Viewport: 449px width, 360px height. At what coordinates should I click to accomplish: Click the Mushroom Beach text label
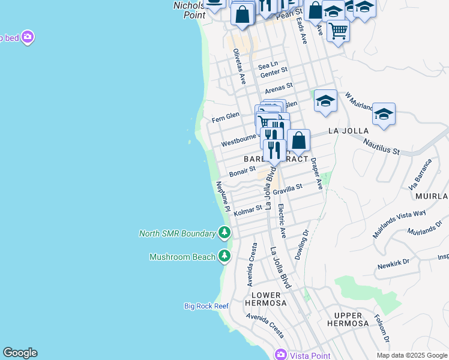pos(182,257)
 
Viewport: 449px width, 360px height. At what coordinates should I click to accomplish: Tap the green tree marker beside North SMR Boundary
pos(224,232)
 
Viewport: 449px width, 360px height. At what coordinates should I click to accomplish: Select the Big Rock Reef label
pos(206,306)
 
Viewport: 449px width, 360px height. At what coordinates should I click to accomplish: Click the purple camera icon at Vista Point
pos(280,355)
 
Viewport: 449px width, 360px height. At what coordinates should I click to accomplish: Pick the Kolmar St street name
pos(248,211)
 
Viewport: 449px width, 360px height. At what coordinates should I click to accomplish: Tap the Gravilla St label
pos(287,190)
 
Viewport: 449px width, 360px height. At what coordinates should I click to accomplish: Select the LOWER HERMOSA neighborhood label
pos(265,299)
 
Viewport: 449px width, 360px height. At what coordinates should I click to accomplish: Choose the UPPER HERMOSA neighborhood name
pos(348,319)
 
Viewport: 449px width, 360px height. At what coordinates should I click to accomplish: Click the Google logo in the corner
pos(20,353)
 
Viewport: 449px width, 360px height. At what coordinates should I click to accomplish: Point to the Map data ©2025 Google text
pos(412,355)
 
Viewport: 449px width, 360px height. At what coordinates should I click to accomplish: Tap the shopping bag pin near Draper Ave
pos(298,141)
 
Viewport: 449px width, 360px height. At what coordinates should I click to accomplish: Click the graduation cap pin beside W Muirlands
pos(384,113)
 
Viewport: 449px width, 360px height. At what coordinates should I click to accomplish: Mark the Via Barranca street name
pos(420,174)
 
